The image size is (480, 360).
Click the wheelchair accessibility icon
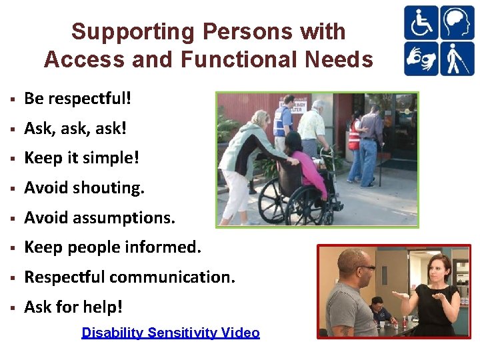point(421,23)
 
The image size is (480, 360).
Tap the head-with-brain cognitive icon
point(457,23)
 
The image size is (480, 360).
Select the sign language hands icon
point(421,59)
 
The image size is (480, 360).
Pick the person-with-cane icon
point(457,59)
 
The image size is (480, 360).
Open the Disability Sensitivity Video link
point(170,333)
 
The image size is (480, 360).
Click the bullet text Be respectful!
point(78,99)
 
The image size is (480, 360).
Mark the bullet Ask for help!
point(73,307)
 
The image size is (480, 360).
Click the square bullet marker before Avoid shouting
point(12,189)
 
